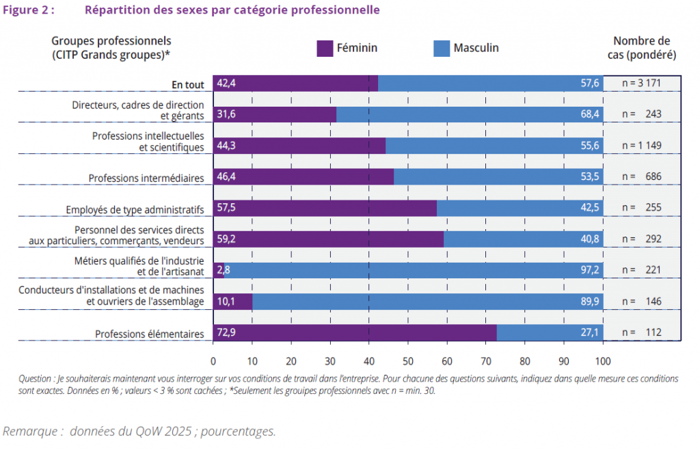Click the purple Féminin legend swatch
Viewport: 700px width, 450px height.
[325, 48]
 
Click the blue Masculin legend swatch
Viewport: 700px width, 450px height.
[442, 48]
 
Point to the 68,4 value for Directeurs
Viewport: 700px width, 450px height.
[591, 114]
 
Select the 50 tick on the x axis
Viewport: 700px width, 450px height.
[408, 361]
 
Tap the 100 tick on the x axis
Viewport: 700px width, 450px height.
[604, 361]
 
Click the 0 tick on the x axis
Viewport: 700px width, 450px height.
[213, 361]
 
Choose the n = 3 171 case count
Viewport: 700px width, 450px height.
[641, 83]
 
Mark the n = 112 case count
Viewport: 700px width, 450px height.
[641, 333]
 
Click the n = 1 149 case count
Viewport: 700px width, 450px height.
[641, 146]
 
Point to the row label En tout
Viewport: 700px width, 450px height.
[188, 85]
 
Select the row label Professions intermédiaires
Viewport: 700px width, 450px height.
[146, 178]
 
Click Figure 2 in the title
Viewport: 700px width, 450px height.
[29, 10]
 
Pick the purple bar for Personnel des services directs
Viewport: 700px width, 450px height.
[328, 239]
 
